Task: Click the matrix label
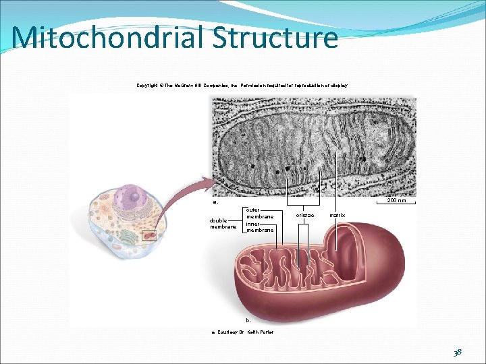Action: [337, 215]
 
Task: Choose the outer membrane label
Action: [260, 213]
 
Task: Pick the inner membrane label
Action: [260, 227]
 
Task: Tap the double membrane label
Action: [223, 223]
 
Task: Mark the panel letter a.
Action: [215, 202]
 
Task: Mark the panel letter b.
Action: [248, 320]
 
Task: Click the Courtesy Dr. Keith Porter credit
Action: [242, 332]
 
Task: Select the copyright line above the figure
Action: [242, 86]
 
